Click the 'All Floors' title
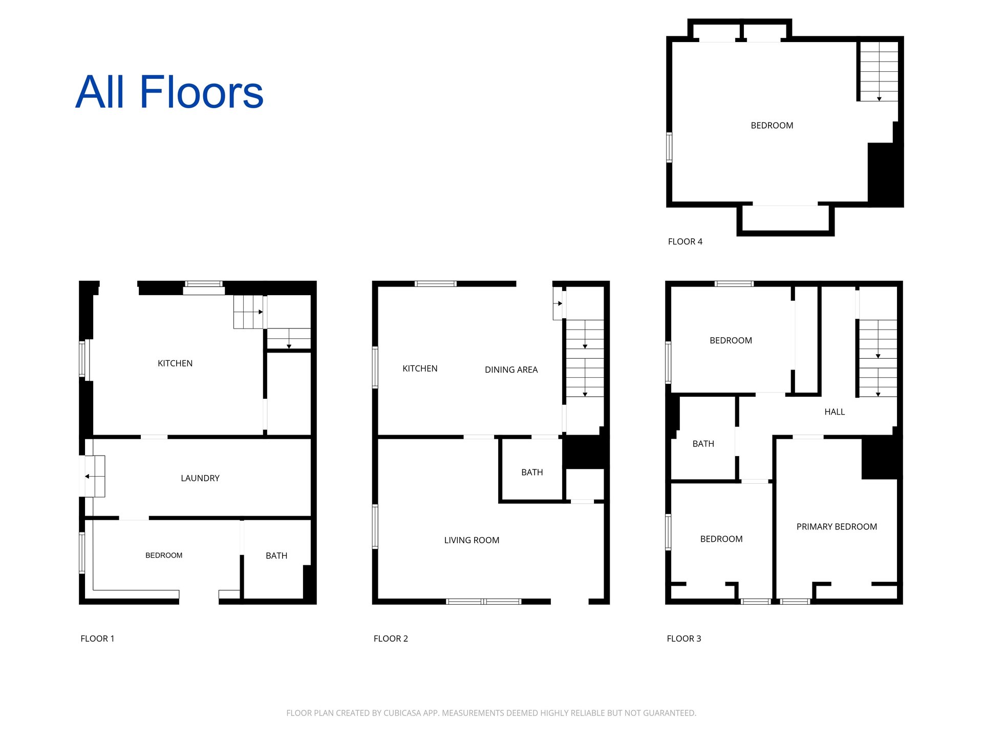click(x=169, y=92)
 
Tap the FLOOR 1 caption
click(x=97, y=639)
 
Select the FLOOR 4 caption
click(x=685, y=241)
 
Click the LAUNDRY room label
click(x=200, y=478)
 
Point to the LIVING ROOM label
click(x=472, y=540)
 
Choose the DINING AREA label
click(x=511, y=370)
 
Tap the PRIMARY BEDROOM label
click(x=837, y=526)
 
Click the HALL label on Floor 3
click(x=835, y=412)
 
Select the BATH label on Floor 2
click(x=532, y=472)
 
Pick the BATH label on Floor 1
click(x=276, y=556)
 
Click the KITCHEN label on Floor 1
click(x=175, y=363)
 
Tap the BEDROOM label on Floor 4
click(x=772, y=126)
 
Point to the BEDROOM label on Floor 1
click(x=164, y=555)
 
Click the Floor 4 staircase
click(x=879, y=71)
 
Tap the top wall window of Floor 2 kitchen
click(x=435, y=283)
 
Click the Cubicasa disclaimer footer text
click(x=491, y=713)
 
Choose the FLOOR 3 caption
click(x=684, y=639)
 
